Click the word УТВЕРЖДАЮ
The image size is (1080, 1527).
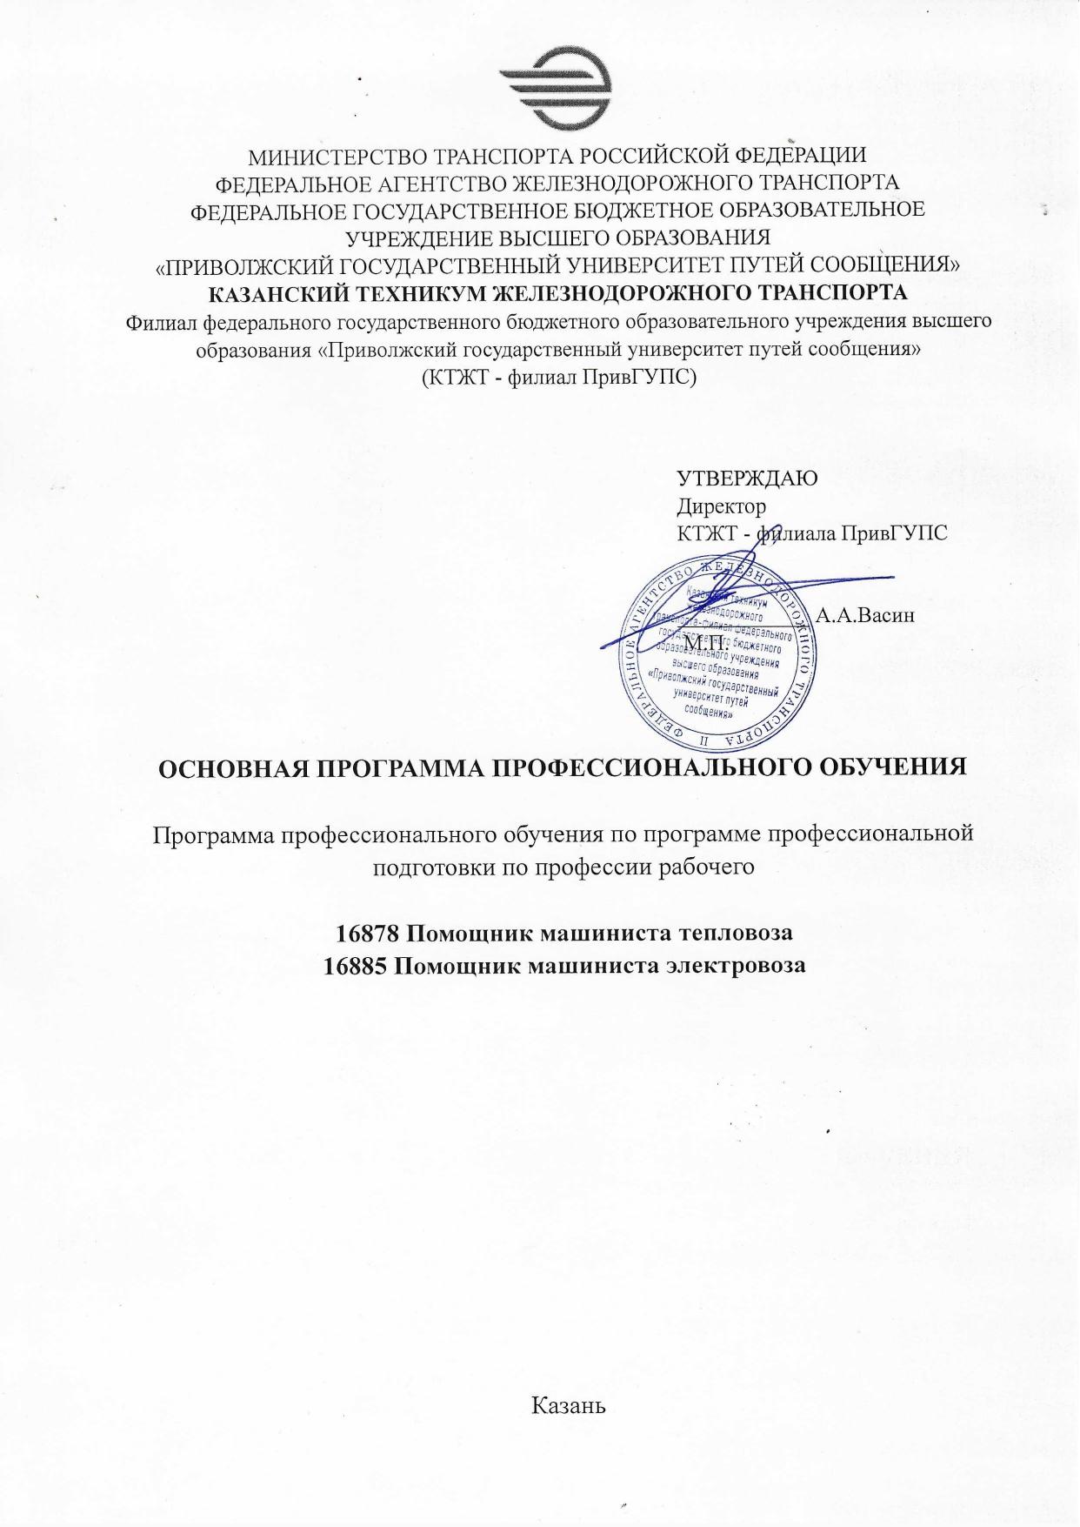click(x=747, y=479)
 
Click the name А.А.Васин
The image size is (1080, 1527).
click(x=866, y=615)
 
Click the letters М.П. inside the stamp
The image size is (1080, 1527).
click(x=706, y=642)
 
